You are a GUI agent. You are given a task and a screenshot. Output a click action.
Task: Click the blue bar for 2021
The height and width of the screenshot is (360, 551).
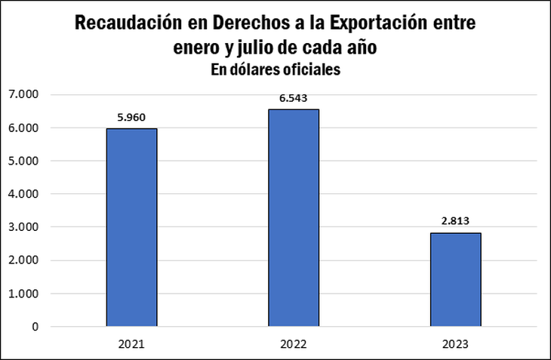point(131,227)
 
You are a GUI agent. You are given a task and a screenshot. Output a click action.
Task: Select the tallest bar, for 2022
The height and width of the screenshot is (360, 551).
point(293,218)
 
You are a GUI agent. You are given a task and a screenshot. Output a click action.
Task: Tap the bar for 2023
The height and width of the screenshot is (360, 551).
point(455,279)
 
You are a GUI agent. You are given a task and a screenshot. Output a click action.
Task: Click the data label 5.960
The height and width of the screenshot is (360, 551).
point(131,117)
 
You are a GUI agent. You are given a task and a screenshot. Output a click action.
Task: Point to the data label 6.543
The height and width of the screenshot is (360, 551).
point(293,97)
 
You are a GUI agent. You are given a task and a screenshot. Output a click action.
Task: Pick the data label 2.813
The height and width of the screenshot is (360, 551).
point(455,221)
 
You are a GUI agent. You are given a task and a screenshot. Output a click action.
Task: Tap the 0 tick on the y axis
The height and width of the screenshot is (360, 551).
point(35,327)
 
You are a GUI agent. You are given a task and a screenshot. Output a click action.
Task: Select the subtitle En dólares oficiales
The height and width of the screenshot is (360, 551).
point(275,70)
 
